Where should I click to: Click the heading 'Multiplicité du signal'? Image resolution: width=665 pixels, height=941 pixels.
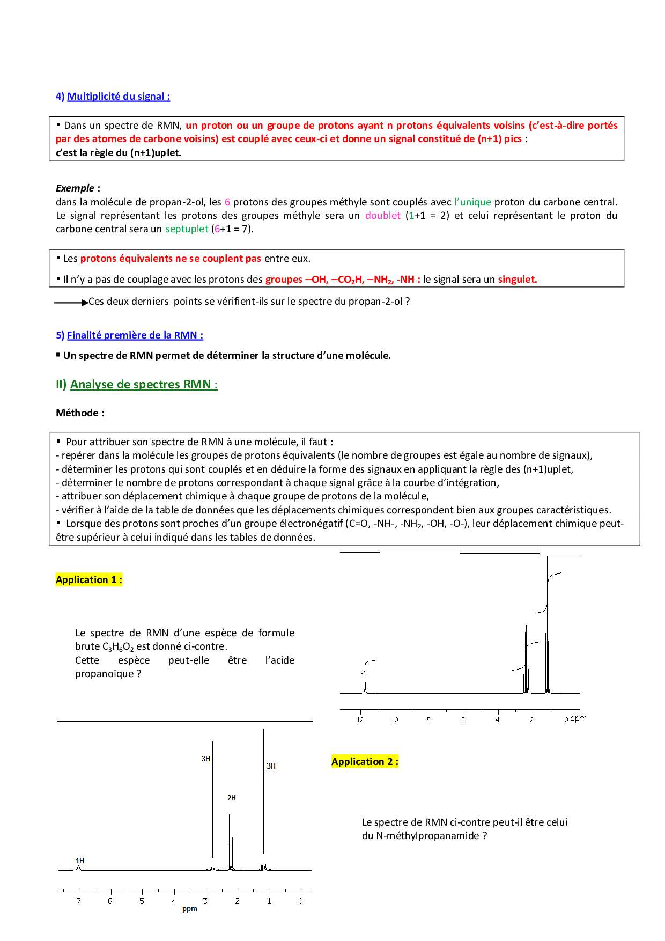(118, 97)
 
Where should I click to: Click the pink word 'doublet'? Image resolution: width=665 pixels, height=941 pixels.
(382, 216)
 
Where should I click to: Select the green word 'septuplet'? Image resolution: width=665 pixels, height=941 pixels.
(187, 229)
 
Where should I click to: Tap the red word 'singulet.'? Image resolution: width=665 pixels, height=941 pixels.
(517, 280)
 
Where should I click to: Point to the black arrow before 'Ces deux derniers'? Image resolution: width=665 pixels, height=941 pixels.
(71, 303)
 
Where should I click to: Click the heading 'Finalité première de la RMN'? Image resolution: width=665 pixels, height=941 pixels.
(135, 335)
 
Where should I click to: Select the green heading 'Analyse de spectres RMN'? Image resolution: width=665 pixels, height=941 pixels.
(143, 385)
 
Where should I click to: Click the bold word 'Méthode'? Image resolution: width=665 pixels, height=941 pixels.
(77, 413)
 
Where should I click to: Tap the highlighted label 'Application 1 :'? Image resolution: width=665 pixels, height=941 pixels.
(89, 580)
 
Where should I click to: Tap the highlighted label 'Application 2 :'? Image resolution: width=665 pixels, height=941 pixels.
(365, 762)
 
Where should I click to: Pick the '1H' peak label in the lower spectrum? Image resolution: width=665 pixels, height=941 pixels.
(80, 861)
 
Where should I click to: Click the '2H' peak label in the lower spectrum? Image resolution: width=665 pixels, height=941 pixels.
(231, 798)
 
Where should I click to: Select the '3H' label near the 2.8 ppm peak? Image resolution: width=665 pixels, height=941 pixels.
(205, 759)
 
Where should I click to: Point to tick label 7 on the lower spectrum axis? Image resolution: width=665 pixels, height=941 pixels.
(78, 901)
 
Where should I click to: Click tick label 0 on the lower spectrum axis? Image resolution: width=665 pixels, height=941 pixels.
(300, 901)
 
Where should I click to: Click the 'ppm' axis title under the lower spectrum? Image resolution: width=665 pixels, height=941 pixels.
(189, 909)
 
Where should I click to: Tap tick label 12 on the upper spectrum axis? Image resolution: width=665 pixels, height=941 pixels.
(360, 719)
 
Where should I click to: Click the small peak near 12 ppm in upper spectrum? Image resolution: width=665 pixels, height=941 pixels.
(365, 685)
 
